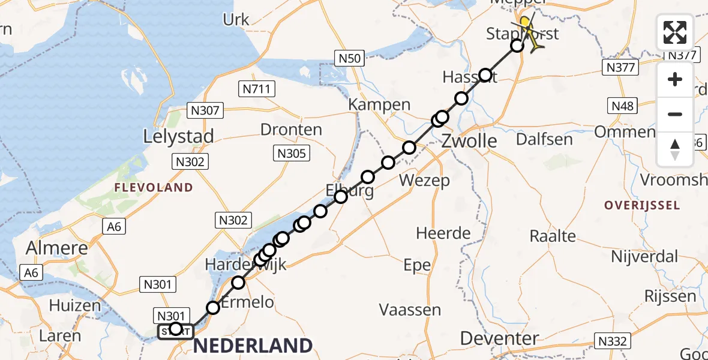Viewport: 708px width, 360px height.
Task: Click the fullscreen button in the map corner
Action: [x=675, y=32]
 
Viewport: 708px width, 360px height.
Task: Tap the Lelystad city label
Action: [x=178, y=136]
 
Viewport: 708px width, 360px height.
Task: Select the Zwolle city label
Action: [x=469, y=142]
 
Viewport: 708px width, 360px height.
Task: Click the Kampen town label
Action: [x=380, y=105]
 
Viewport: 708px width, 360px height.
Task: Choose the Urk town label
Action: [x=236, y=20]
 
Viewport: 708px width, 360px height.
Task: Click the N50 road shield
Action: [x=349, y=58]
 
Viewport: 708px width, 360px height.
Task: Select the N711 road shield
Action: [x=257, y=89]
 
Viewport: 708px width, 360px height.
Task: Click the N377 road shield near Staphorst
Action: [x=620, y=67]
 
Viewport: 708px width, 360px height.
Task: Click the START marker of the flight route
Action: [x=175, y=331]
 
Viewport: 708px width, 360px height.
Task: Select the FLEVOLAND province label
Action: [x=154, y=188]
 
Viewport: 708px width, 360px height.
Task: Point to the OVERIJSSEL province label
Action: [x=642, y=205]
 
